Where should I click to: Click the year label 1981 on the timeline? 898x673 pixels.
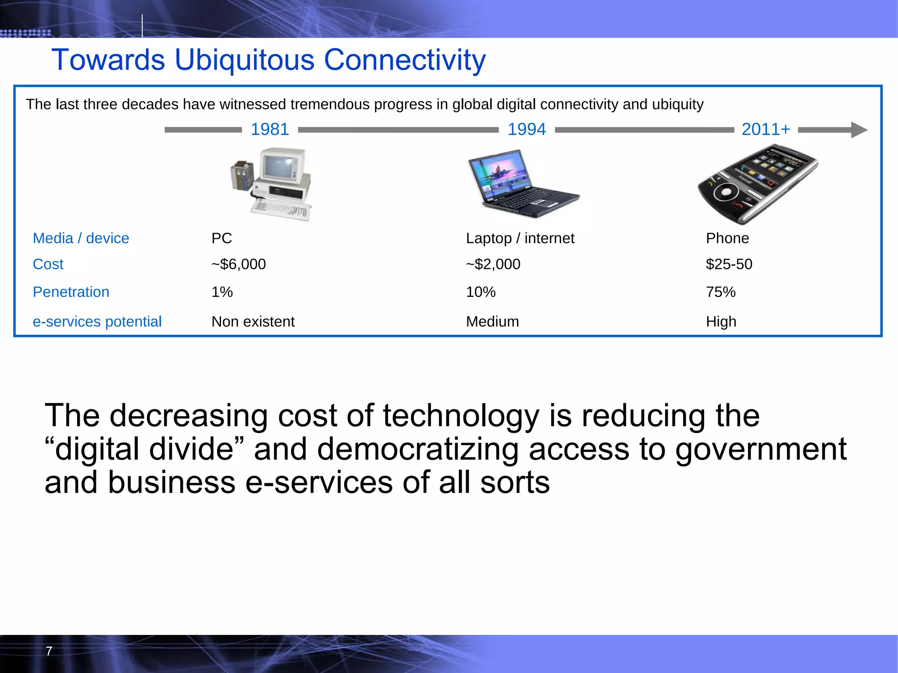[x=270, y=129]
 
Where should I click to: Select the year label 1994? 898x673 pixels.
[x=527, y=129]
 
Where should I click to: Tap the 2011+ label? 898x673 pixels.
[x=766, y=129]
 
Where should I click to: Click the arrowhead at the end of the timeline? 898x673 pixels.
[x=859, y=130]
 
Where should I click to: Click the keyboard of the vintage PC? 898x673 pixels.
[x=281, y=209]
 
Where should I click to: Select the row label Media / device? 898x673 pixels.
[x=81, y=238]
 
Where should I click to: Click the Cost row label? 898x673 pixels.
[x=48, y=264]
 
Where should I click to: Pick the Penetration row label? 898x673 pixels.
[x=71, y=292]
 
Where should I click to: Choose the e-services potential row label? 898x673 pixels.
[x=97, y=322]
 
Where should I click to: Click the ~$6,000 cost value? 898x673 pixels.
[x=238, y=264]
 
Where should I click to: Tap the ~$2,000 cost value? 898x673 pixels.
[x=493, y=264]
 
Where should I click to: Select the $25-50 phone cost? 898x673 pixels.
[x=729, y=264]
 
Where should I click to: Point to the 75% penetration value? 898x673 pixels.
[x=720, y=292]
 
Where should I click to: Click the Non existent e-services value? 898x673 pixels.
[x=253, y=322]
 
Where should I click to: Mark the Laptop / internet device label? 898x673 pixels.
[x=520, y=238]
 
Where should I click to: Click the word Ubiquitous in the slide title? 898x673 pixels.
[x=244, y=60]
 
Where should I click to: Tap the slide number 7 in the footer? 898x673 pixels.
[x=49, y=651]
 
